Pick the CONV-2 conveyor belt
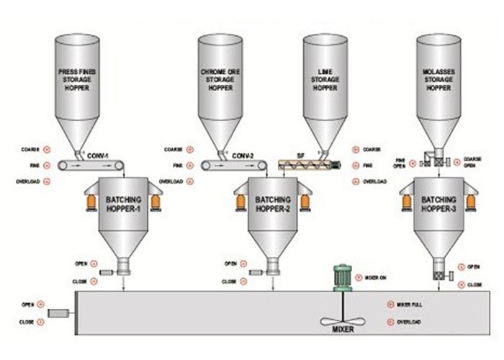223,166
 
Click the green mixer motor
341,277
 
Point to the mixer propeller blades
340,320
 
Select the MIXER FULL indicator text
410,305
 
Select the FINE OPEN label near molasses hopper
408,162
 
